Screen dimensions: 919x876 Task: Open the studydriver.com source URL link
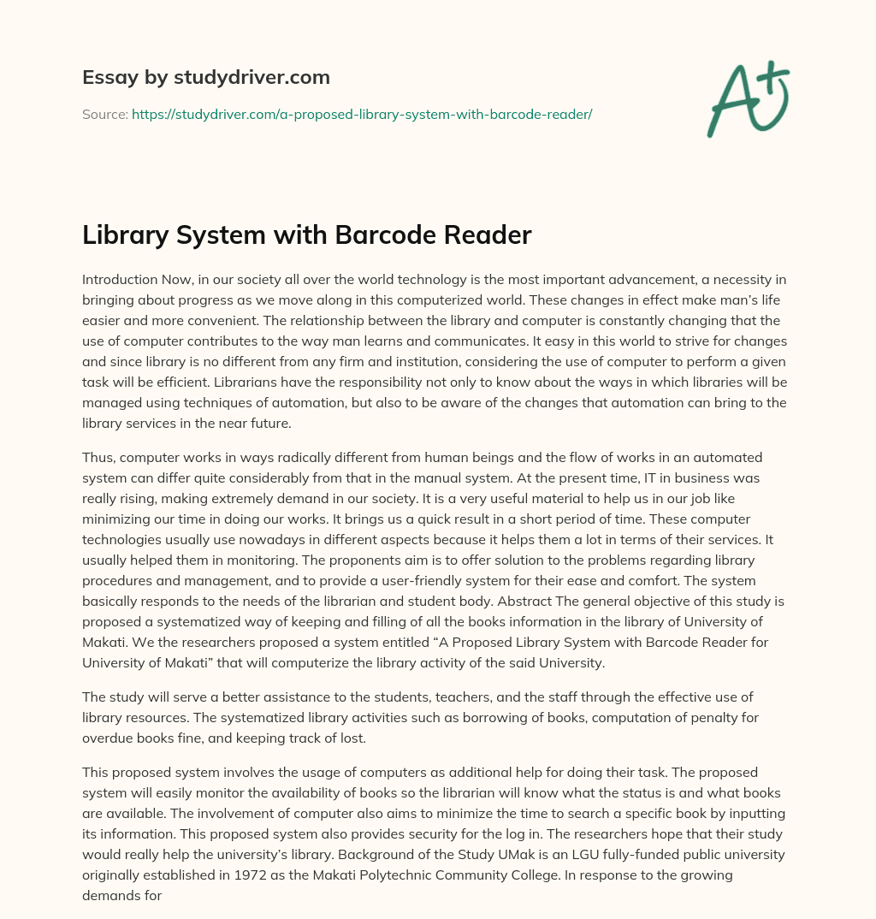pos(362,114)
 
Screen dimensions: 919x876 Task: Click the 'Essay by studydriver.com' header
pos(206,77)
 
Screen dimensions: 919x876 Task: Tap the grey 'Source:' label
pos(104,114)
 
